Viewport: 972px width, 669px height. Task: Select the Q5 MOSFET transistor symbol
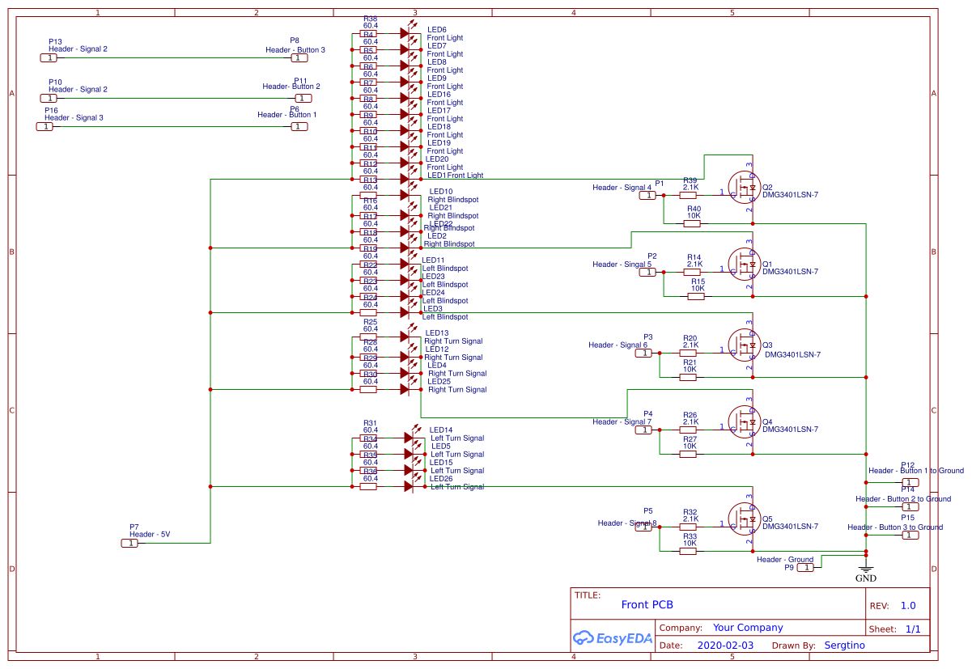[744, 519]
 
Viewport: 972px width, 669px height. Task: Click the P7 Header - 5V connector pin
[129, 543]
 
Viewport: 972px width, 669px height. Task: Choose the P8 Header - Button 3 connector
[299, 57]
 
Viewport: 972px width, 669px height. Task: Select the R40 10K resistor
[694, 224]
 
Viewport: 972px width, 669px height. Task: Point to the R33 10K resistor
[688, 551]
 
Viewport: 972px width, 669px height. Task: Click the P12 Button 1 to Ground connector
[911, 482]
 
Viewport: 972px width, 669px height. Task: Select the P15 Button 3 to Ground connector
[911, 535]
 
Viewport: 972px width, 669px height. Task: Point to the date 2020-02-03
[724, 646]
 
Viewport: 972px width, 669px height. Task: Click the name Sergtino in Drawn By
[844, 646]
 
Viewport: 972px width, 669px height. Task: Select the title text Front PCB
[647, 604]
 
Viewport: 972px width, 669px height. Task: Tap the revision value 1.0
[908, 605]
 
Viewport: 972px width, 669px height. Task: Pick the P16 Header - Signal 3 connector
[45, 126]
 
